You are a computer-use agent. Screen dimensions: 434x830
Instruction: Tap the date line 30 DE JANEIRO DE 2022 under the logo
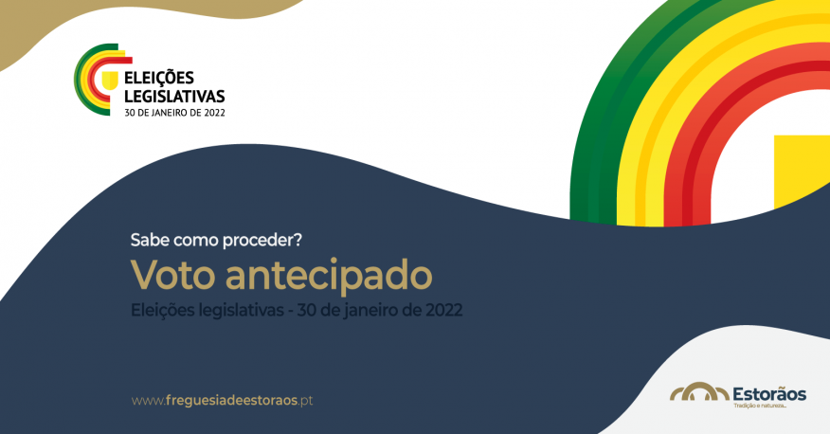click(x=175, y=111)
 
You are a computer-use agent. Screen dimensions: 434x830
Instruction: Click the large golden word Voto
click(x=172, y=275)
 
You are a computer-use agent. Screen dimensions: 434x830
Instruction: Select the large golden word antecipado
click(x=329, y=276)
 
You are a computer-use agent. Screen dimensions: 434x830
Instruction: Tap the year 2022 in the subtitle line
click(x=444, y=310)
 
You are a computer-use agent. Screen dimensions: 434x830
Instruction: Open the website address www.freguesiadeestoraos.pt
click(x=222, y=400)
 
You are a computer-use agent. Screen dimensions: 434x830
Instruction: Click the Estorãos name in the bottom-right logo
click(x=768, y=390)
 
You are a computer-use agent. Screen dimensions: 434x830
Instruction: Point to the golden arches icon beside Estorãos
click(x=699, y=392)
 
